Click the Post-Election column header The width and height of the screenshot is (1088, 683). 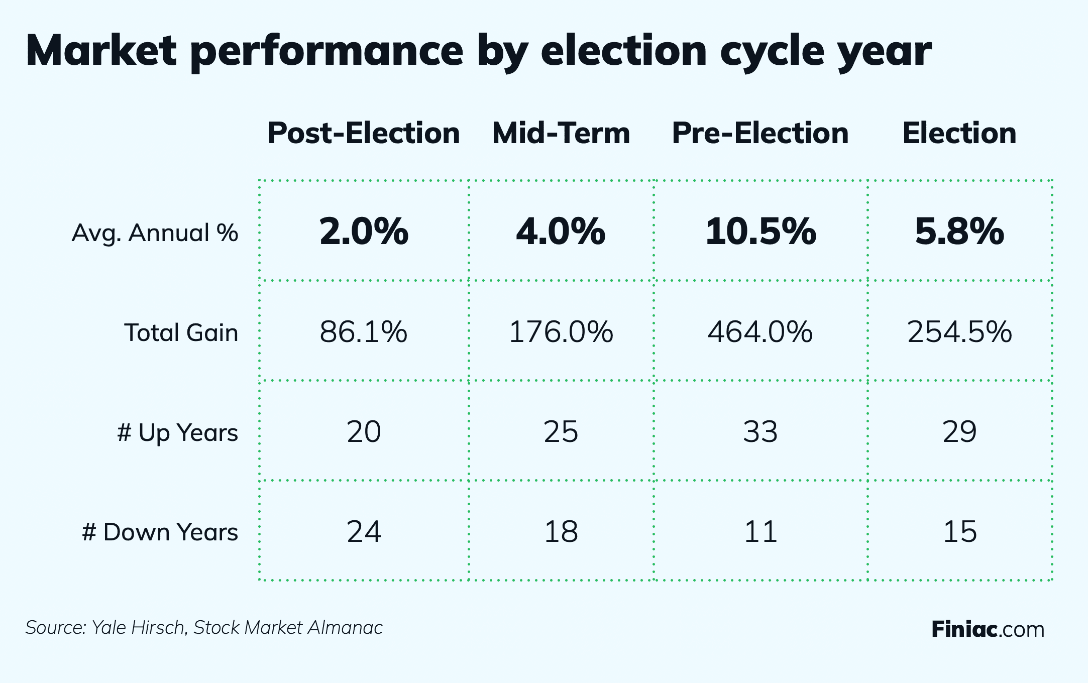pos(364,134)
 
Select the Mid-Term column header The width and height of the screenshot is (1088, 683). pos(561,134)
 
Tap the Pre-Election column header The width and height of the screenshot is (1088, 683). pos(760,134)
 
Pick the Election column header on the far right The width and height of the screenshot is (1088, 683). pos(959,134)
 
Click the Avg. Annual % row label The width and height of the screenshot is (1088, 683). pos(155,233)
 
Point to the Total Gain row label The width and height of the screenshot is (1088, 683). pos(181,332)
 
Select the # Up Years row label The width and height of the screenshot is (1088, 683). pos(177,432)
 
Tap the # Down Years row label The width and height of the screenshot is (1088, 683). pos(160,532)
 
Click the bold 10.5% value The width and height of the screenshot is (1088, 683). pos(760,232)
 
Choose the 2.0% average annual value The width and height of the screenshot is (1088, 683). pos(364,232)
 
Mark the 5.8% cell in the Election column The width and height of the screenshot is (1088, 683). pos(959,232)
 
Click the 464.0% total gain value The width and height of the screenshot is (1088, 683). pos(760,332)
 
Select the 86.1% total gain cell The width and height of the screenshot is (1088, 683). pos(364,332)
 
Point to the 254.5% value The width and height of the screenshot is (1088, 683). pos(959,332)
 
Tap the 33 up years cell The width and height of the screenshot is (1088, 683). pos(760,432)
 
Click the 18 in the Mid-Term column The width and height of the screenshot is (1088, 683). pos(561,532)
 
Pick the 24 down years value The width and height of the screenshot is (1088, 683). pos(364,532)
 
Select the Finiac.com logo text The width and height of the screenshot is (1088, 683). pos(988,629)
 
